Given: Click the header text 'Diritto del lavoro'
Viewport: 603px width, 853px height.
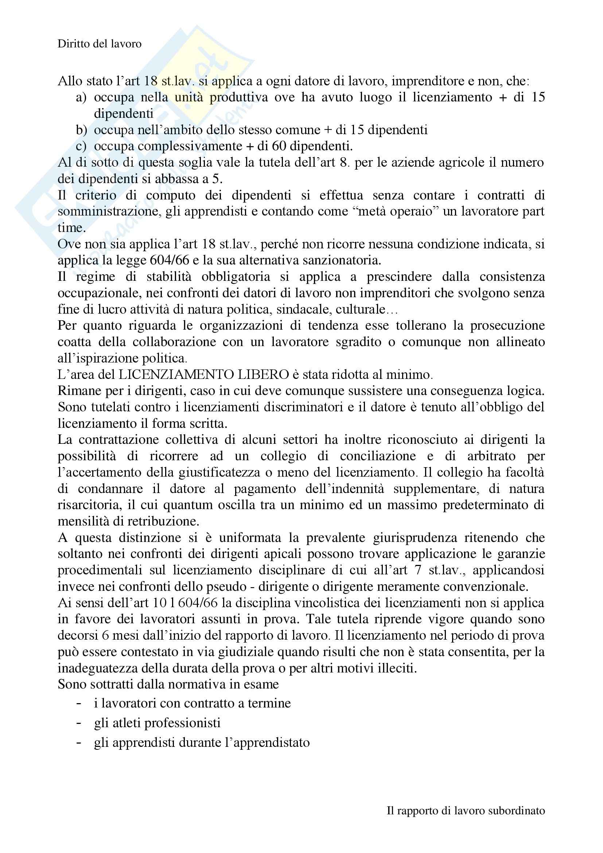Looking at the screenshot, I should [100, 44].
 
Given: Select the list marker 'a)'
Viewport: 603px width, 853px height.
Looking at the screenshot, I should [81, 97].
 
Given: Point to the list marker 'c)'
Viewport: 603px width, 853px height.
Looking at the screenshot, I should [81, 146].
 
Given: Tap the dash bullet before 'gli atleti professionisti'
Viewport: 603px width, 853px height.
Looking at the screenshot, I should [78, 724].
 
